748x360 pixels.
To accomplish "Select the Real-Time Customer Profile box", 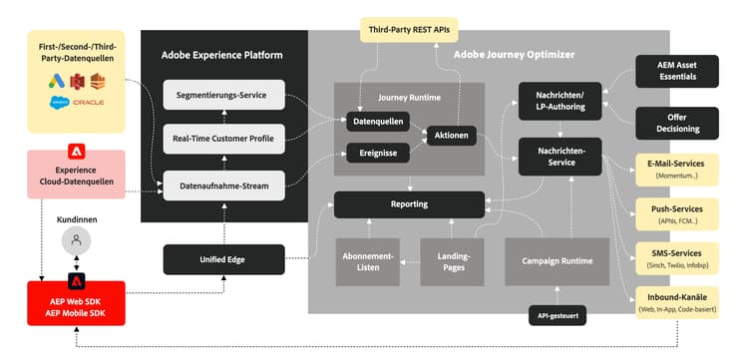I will (223, 139).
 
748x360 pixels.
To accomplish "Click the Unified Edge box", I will (223, 260).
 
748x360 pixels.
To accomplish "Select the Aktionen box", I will (451, 135).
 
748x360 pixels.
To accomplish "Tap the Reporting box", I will (409, 204).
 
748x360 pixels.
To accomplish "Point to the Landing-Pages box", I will (453, 261).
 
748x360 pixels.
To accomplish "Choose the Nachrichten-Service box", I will (560, 157).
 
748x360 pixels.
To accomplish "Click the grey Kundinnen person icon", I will (75, 240).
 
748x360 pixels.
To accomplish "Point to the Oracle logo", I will (88, 103).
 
